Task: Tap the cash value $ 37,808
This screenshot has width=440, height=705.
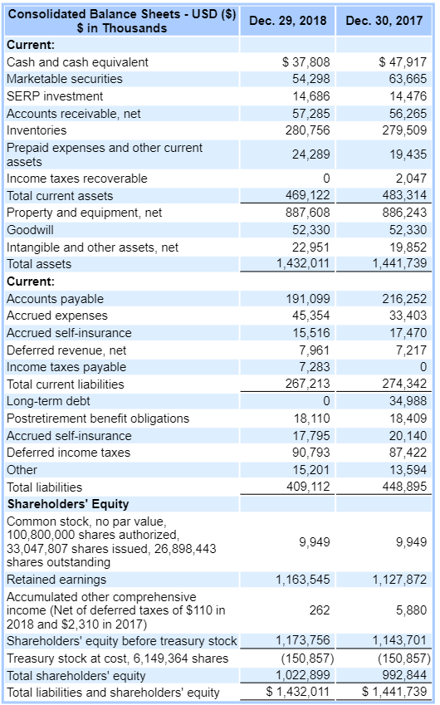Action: pyautogui.click(x=306, y=61)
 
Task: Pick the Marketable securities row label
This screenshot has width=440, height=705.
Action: pyautogui.click(x=65, y=79)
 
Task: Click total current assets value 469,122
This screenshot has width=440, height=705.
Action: pyautogui.click(x=308, y=196)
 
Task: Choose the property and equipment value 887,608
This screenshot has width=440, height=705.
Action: pyautogui.click(x=308, y=213)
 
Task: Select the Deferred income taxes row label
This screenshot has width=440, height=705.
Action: pyautogui.click(x=68, y=453)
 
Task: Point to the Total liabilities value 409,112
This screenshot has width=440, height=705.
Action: pyautogui.click(x=308, y=487)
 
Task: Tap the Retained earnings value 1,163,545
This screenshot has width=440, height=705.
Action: pyautogui.click(x=303, y=579)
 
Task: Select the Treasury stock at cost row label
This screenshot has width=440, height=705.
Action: pyautogui.click(x=117, y=658)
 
